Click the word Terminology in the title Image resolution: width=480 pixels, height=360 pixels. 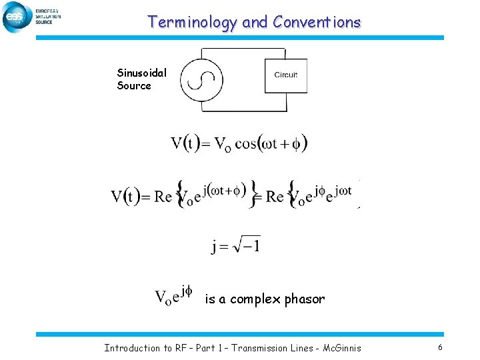tap(192, 22)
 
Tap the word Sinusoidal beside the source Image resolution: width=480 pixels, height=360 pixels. tap(141, 73)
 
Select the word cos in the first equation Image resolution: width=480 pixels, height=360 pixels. tap(249, 144)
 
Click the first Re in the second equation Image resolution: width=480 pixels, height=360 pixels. tap(162, 196)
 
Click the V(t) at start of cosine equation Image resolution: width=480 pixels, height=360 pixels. tap(185, 143)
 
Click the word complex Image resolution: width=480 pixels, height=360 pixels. tap(257, 299)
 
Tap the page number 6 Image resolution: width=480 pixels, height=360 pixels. tap(440, 347)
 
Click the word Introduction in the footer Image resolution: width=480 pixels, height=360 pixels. tap(132, 348)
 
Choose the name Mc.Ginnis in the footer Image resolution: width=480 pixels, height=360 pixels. tap(337, 348)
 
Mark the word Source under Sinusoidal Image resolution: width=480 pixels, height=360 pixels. tap(134, 85)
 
